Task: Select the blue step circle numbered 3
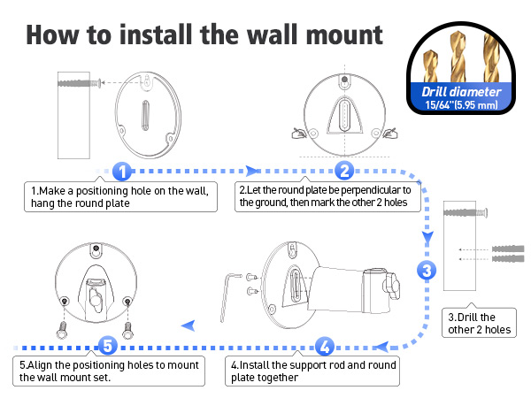(x=427, y=271)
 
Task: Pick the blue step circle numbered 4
(x=325, y=346)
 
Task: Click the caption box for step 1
(x=119, y=196)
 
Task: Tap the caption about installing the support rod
(x=313, y=371)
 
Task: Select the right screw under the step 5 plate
(x=129, y=330)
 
